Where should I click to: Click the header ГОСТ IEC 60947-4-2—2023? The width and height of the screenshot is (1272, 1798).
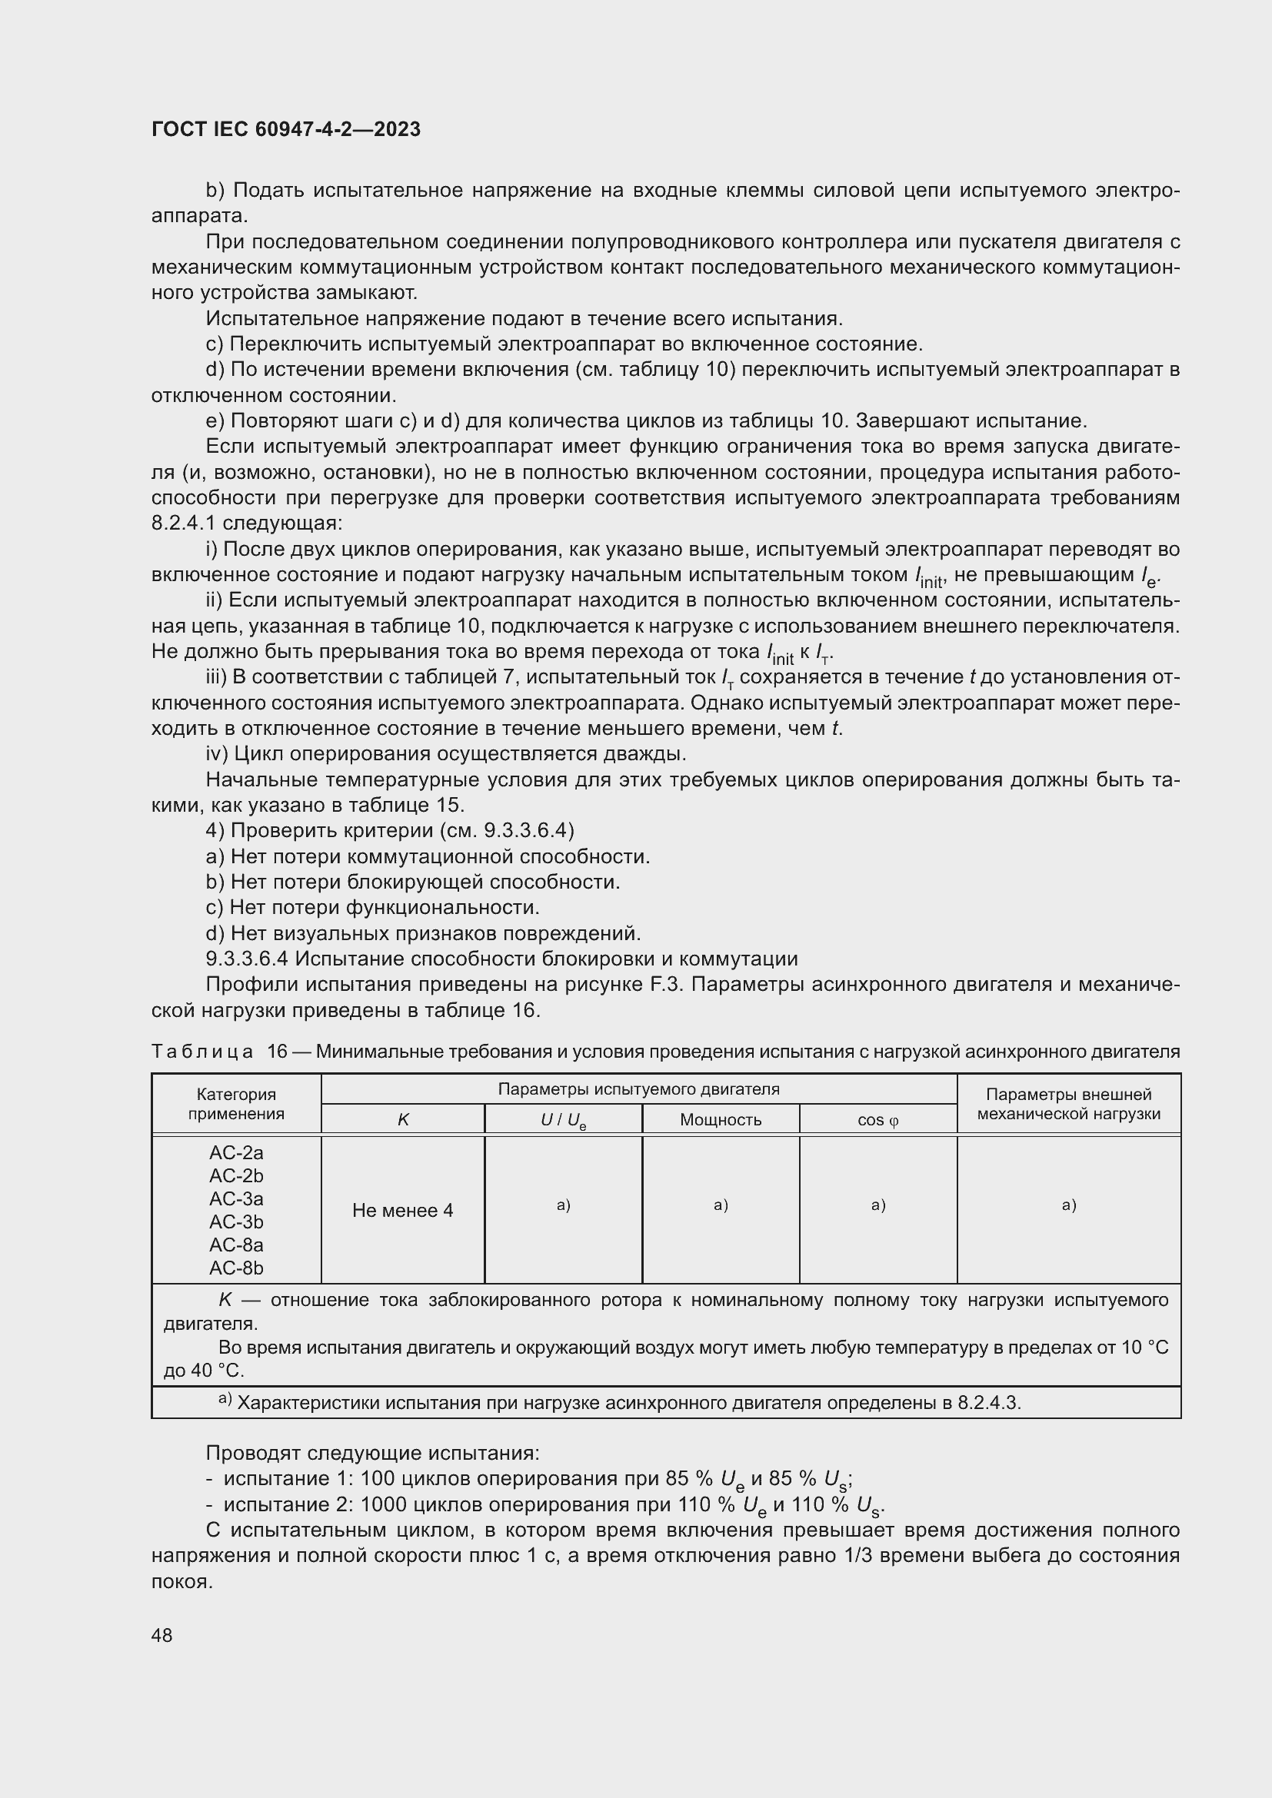286,129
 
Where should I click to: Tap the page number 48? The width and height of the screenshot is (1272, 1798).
162,1635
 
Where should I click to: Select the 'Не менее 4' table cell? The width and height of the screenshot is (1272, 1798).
402,1211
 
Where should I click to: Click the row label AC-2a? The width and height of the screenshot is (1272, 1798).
236,1153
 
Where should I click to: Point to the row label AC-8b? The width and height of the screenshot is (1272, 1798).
236,1268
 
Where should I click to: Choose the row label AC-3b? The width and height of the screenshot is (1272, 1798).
236,1221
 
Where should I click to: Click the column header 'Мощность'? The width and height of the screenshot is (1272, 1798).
721,1120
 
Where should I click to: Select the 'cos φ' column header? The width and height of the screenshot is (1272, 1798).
878,1120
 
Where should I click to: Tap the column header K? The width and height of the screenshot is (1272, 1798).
402,1120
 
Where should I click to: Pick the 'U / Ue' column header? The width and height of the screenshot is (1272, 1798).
563,1121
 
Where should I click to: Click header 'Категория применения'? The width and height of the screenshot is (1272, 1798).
236,1104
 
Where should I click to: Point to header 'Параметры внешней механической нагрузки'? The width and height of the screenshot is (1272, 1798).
1068,1104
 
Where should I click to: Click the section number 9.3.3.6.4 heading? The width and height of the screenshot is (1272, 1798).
247,959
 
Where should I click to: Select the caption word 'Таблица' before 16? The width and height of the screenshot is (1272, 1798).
202,1051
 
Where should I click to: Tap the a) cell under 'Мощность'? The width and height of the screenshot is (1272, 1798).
721,1205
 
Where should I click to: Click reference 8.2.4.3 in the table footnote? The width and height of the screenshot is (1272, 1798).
987,1403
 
